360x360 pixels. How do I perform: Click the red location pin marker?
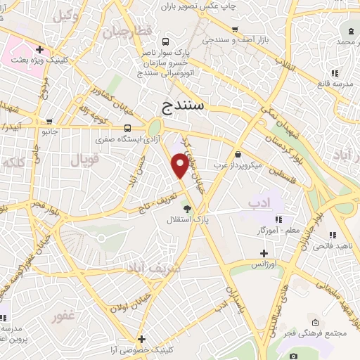pos(180,165)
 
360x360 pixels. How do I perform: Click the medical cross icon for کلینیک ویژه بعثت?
pos(40,50)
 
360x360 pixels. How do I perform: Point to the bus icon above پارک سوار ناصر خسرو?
pos(165,41)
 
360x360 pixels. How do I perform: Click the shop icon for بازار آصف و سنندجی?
pos(240,30)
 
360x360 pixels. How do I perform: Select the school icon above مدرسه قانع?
pos(335,72)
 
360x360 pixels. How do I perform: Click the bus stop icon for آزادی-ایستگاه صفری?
pos(127,128)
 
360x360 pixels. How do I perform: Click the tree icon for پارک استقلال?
pos(186,209)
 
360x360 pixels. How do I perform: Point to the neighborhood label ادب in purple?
pos(259,202)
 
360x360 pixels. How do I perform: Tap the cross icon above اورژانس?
pos(264,253)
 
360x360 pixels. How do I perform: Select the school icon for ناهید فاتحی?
pos(331,234)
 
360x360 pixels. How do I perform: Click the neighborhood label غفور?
pos(63,317)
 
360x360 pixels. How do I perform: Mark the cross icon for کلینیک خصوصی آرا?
pos(141,339)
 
